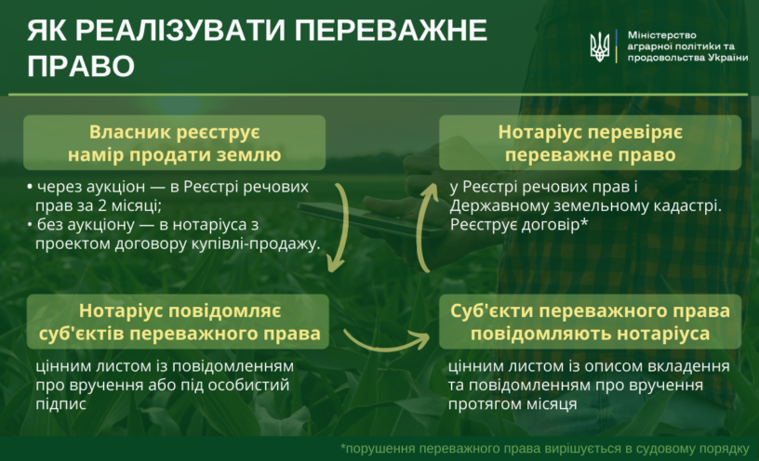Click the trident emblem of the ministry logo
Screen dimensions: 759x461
coord(599,46)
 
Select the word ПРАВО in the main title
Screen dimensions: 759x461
coord(81,65)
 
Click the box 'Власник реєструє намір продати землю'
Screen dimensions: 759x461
coord(174,143)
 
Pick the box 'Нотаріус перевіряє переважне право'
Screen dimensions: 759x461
coord(590,143)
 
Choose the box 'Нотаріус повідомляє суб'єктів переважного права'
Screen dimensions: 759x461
coord(178,322)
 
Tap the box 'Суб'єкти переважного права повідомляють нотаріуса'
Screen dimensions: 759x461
coord(590,322)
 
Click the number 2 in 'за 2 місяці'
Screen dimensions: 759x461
coord(102,205)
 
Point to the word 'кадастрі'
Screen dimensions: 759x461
coord(687,206)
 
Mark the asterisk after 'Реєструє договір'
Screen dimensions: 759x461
coord(584,222)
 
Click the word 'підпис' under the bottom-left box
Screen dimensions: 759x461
coord(60,404)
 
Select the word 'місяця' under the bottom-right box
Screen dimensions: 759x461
coord(550,404)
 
